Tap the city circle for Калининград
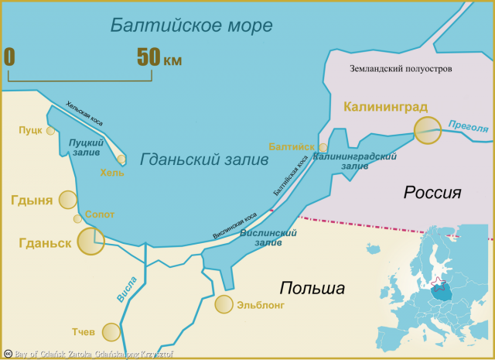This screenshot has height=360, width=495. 427,130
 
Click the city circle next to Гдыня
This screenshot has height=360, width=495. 68,200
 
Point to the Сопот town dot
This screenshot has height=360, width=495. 77,219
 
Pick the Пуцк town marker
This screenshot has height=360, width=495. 51,131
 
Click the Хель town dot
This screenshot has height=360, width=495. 121,159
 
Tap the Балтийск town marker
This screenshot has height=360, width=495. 323,147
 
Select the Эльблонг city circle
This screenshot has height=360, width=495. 224,304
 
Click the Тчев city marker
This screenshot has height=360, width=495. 111,332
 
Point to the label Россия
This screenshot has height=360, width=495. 432,192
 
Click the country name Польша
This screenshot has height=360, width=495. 312,289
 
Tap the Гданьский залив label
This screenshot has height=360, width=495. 205,159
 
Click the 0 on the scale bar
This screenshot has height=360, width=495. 9,57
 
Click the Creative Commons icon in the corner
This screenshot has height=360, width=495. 6,354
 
